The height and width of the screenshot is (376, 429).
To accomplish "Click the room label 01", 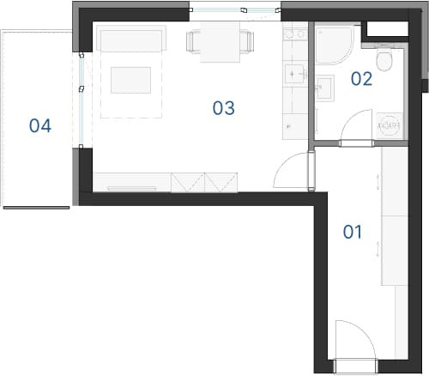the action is click(x=353, y=232).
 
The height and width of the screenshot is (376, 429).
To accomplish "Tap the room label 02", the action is click(x=362, y=79).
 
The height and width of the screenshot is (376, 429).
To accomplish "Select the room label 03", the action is click(x=223, y=108).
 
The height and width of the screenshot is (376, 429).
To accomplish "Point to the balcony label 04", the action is click(x=40, y=125).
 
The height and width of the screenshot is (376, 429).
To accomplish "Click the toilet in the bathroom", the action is click(x=384, y=58).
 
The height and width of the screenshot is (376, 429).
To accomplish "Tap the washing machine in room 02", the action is click(x=390, y=126).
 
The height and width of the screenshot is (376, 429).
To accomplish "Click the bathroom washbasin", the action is click(x=325, y=87).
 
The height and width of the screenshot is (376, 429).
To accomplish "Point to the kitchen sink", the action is click(x=294, y=74).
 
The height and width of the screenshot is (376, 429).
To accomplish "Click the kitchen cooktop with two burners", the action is click(x=295, y=34).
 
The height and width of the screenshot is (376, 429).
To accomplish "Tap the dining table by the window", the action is click(x=220, y=42).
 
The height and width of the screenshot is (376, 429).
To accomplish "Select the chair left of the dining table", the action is click(x=193, y=42).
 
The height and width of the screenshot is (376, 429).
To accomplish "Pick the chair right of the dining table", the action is click(x=247, y=41).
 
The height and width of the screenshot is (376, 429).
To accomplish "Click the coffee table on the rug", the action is click(x=130, y=80).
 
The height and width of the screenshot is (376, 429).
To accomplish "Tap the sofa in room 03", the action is click(x=131, y=39).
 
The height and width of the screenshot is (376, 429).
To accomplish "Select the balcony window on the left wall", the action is click(x=82, y=100).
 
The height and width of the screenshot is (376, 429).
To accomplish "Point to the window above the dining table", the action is click(x=234, y=10).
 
